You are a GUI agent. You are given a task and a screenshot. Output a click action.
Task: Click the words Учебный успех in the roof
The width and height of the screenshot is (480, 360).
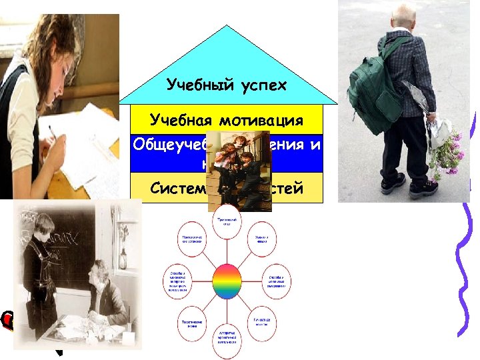pos(227,85)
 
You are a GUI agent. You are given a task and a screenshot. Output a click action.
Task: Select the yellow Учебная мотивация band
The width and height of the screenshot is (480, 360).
pos(227,120)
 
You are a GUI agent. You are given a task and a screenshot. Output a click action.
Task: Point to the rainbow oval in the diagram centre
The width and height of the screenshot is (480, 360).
pos(227,281)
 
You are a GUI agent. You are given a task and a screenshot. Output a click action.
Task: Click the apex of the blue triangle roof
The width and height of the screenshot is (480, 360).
pos(227,27)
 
